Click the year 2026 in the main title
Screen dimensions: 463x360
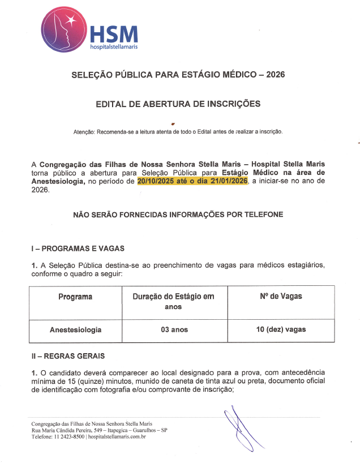275,75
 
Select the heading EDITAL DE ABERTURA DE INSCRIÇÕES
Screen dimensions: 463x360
178,104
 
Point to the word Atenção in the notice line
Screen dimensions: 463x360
85,132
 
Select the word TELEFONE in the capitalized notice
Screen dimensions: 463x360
262,215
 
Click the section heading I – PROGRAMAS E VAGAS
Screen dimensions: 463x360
78,248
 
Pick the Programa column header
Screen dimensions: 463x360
75,297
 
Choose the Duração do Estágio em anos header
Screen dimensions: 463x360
173,301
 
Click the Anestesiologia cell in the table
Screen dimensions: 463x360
75,329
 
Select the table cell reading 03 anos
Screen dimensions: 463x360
173,329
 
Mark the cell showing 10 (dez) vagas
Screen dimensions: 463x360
281,329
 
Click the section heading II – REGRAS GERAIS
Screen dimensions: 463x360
68,356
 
